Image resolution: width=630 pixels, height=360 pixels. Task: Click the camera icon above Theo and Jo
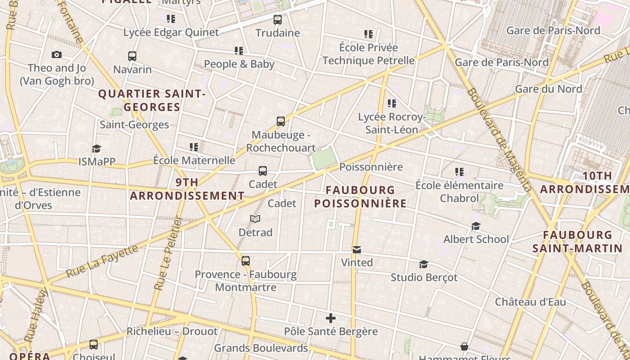(x=57, y=54)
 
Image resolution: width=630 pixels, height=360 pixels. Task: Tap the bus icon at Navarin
(x=132, y=56)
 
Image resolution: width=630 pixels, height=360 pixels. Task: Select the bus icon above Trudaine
(x=278, y=20)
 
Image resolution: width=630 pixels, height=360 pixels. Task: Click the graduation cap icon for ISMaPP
(x=96, y=148)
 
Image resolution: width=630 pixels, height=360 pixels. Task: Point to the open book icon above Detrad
(x=255, y=219)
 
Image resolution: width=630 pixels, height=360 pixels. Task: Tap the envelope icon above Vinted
(x=357, y=249)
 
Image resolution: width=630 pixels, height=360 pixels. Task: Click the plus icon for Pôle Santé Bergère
(x=331, y=318)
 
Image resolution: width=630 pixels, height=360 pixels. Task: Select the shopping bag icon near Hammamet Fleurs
(x=464, y=346)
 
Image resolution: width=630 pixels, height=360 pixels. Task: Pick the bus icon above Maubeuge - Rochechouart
(x=281, y=121)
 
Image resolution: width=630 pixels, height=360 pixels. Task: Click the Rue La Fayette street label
(x=102, y=261)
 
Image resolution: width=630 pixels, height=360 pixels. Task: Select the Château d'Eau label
(x=531, y=301)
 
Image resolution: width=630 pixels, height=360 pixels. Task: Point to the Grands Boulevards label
(x=261, y=348)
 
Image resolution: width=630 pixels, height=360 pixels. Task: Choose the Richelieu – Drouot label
(x=172, y=331)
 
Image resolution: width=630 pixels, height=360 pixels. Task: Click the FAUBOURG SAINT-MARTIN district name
(x=578, y=241)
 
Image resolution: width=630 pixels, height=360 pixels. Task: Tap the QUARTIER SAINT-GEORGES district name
(x=152, y=100)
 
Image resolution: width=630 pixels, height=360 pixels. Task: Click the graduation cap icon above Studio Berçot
(x=423, y=264)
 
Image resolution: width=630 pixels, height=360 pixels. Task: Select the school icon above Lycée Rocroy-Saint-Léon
(x=392, y=103)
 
